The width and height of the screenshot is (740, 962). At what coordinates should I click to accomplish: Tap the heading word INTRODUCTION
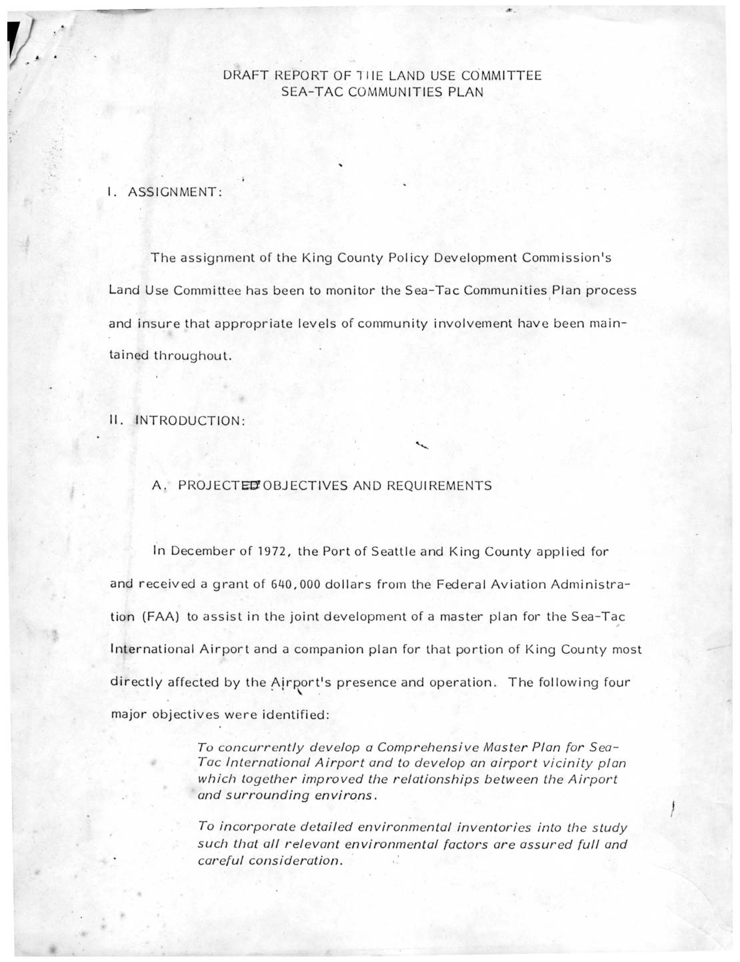point(191,421)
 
